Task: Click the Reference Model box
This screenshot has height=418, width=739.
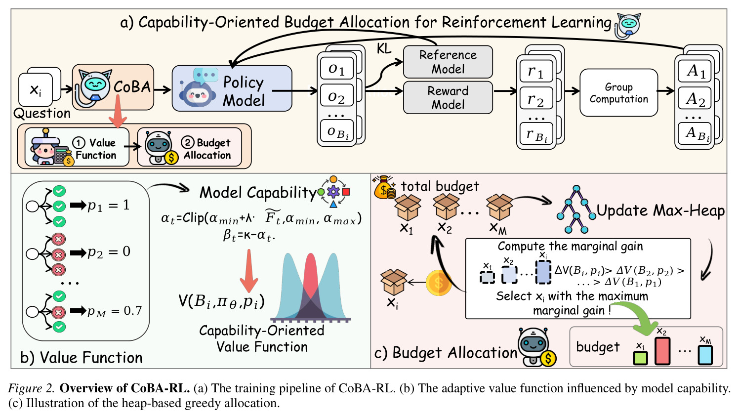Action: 448,62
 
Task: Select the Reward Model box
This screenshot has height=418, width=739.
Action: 448,98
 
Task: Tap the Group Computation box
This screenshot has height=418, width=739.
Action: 618,93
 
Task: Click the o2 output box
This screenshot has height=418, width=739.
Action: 337,97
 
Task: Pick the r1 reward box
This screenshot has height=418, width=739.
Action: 536,71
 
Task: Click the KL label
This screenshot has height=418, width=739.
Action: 384,49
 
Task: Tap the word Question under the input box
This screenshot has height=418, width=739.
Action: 42,114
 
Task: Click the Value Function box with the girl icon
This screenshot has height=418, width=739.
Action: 77,147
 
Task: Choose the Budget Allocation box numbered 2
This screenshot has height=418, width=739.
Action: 189,147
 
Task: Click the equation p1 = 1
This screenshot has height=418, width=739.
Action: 108,206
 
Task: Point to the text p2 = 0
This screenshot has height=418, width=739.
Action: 109,252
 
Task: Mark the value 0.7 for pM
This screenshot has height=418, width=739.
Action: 132,310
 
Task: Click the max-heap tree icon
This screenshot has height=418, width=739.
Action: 576,209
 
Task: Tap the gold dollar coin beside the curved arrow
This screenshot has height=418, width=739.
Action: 439,283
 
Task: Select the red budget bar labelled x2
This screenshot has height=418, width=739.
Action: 662,351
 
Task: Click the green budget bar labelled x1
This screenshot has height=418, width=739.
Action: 640,358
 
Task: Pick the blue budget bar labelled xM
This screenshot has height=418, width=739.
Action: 705,355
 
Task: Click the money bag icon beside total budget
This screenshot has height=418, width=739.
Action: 384,188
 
